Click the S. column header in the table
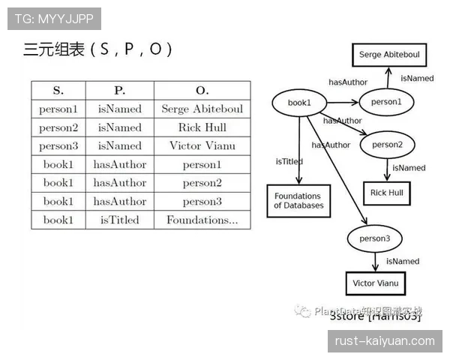[x=58, y=91]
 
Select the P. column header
[x=120, y=91]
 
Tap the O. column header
[x=202, y=91]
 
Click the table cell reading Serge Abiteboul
[x=202, y=109]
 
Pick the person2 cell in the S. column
[x=58, y=127]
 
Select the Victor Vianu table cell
[x=202, y=145]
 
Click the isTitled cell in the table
[x=120, y=220]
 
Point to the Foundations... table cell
[x=202, y=220]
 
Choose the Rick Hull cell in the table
[x=202, y=127]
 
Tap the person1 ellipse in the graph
[x=387, y=102]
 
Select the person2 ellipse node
[x=387, y=145]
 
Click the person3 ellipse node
[x=375, y=239]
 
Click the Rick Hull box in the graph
[x=387, y=193]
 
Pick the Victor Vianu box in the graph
[x=375, y=283]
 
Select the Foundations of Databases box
[x=298, y=200]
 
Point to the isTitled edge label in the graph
[x=289, y=161]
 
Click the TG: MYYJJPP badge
[x=54, y=19]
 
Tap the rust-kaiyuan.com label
[x=384, y=341]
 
